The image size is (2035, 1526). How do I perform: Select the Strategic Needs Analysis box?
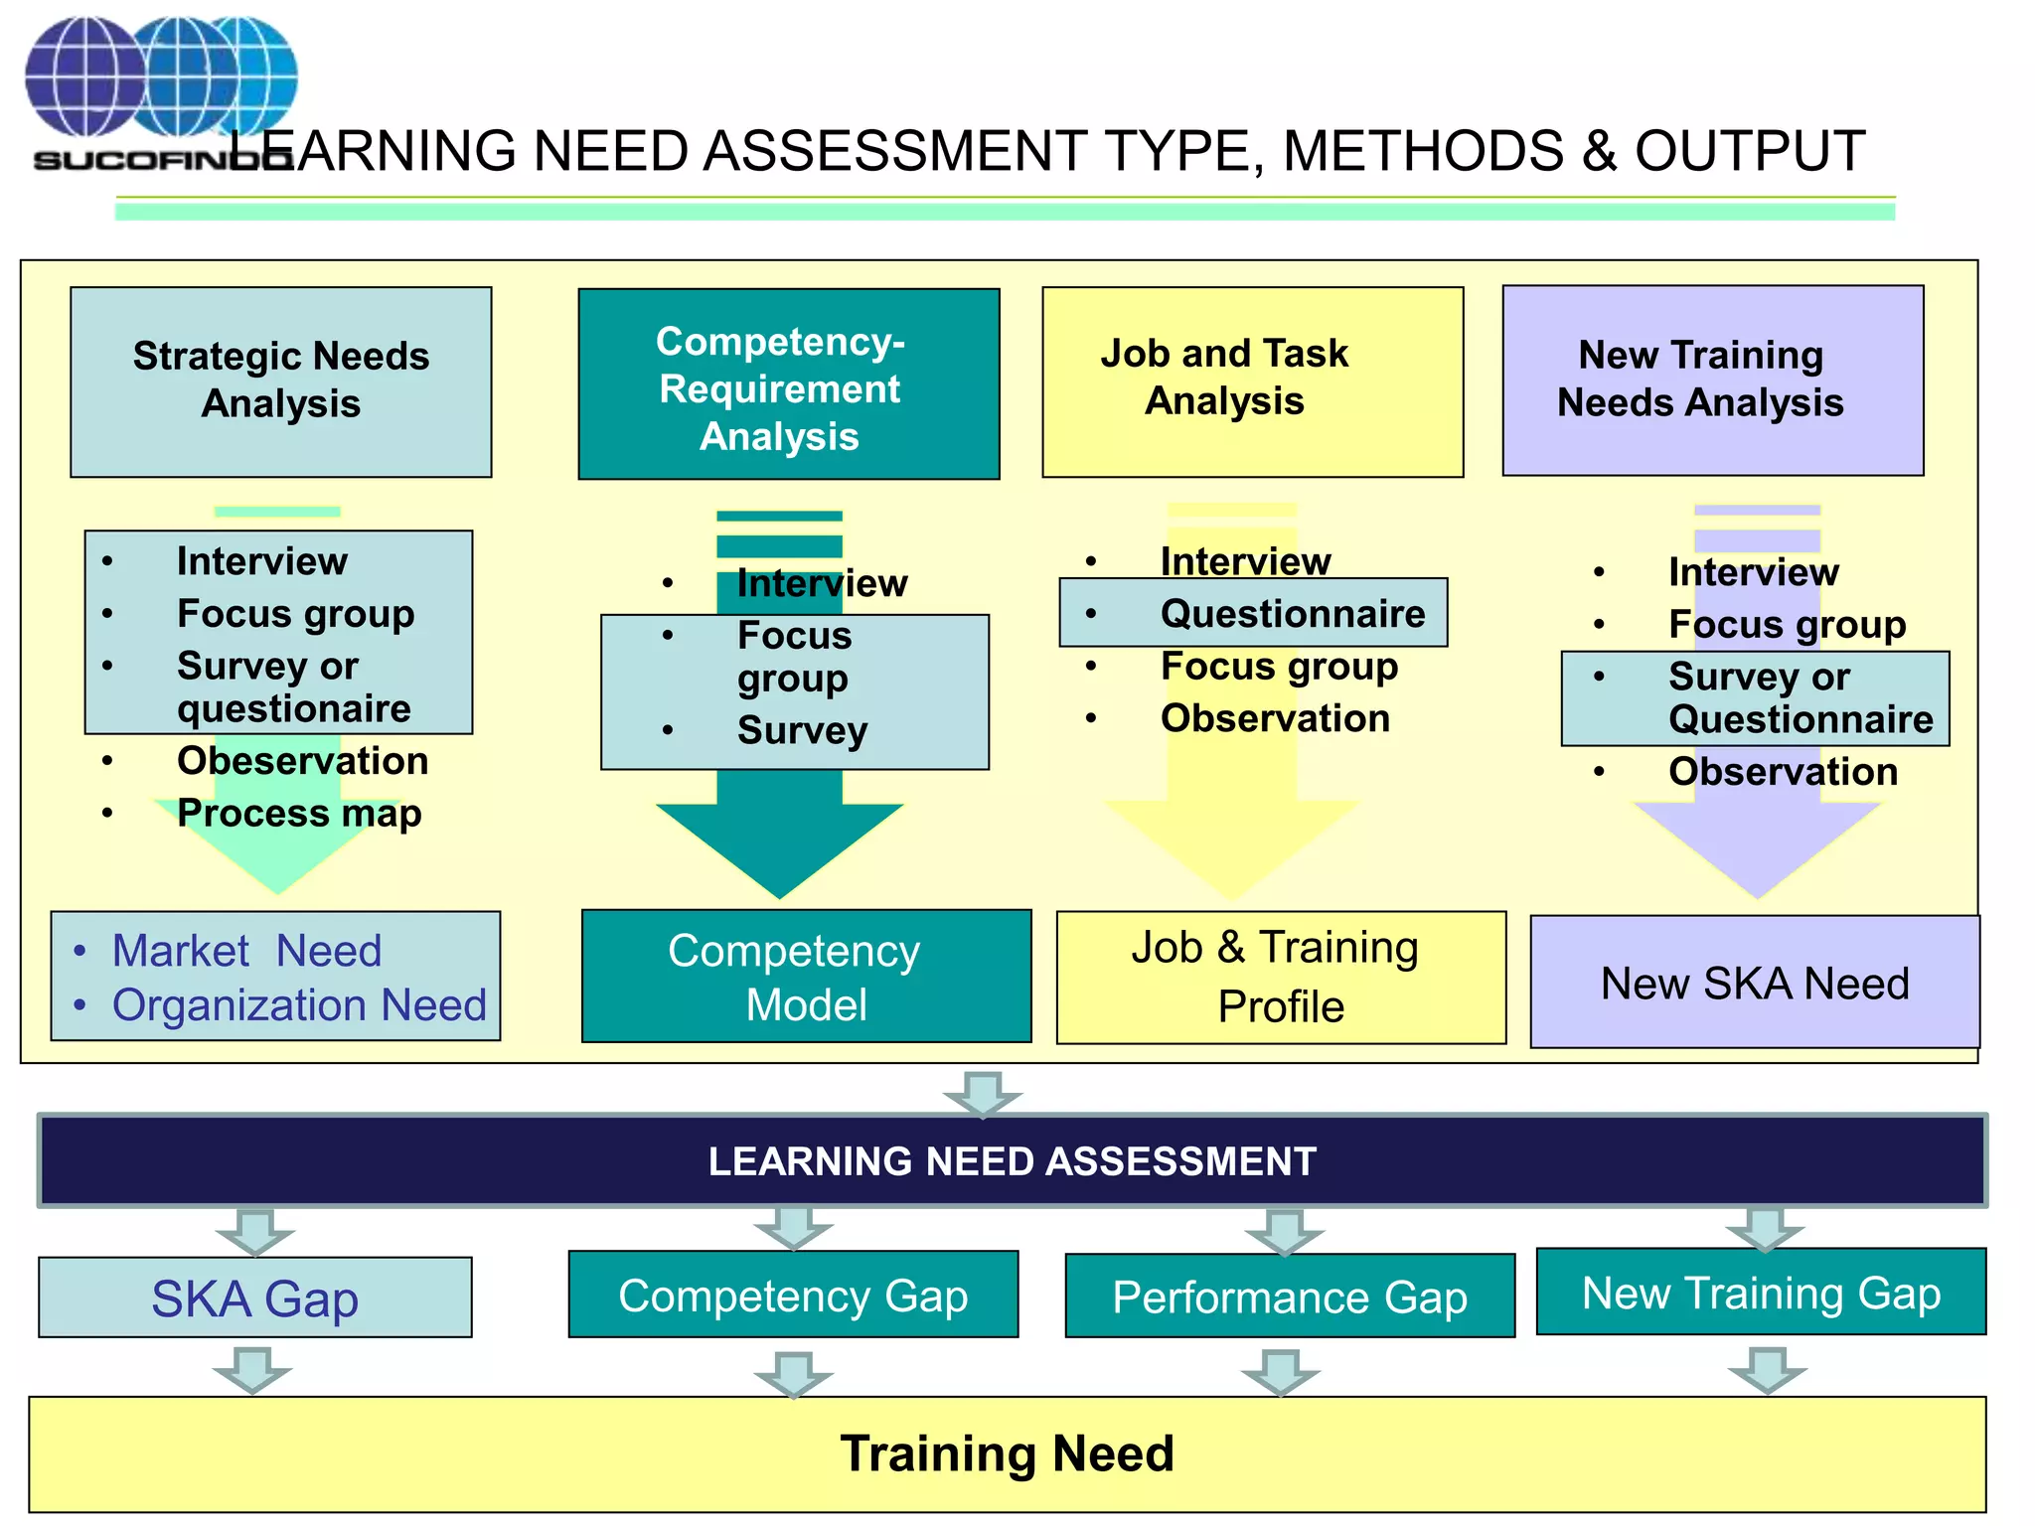pos(280,381)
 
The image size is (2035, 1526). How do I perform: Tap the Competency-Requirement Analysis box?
pos(788,384)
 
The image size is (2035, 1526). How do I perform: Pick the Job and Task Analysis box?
pos(1252,381)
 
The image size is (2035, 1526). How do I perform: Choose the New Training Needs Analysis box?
pos(1712,381)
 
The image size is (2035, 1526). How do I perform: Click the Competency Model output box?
pos(806,976)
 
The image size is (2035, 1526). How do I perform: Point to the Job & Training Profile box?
pos(1280,977)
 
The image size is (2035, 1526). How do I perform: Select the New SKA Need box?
pos(1754,982)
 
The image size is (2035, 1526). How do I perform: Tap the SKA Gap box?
pos(255,1297)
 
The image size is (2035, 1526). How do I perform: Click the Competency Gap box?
pos(793,1295)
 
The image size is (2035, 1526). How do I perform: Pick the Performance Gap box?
pos(1289,1297)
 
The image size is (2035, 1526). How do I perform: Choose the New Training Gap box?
pos(1761,1292)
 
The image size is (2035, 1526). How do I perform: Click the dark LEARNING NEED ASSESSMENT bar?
pos(1012,1160)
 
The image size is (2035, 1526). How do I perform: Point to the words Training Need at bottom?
pos(1007,1453)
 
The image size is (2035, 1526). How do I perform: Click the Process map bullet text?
pos(299,813)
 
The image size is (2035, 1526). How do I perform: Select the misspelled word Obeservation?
pos(302,761)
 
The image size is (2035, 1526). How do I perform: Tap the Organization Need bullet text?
pos(299,1004)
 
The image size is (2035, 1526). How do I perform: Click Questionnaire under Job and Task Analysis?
pos(1292,614)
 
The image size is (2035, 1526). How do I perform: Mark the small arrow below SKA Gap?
pos(252,1370)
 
